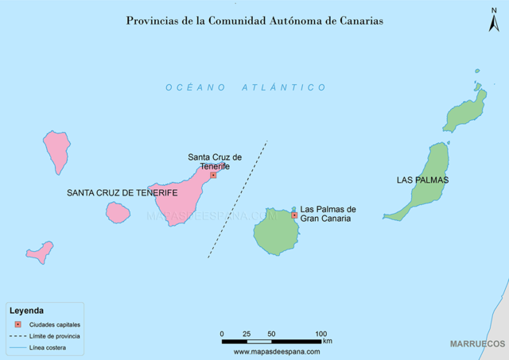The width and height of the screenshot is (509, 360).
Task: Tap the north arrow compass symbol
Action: [493, 19]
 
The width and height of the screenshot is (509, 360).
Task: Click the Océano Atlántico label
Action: [246, 88]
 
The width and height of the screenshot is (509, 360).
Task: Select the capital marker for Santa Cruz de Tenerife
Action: [213, 175]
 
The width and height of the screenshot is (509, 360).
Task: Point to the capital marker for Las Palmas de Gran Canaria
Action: [294, 215]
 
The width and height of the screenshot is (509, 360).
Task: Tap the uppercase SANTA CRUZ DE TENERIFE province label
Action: [122, 193]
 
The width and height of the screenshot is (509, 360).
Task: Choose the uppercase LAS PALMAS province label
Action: [422, 180]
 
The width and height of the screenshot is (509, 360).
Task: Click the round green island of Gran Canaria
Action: [276, 230]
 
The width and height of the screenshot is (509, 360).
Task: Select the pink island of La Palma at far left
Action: [57, 149]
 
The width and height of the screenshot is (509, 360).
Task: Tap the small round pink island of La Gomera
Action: [118, 212]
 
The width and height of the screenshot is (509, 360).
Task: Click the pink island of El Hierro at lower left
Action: [40, 253]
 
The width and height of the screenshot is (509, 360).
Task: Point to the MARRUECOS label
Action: [477, 343]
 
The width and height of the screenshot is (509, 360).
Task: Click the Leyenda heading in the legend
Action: [26, 311]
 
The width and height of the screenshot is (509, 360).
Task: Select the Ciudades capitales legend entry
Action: [54, 325]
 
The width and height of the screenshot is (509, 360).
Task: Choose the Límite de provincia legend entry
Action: [54, 336]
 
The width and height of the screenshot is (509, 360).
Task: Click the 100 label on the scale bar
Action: [321, 333]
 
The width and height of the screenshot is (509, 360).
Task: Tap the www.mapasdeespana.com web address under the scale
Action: [277, 350]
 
